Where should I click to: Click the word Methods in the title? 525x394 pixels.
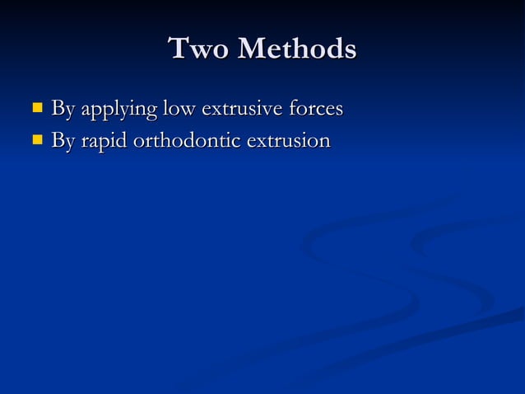[x=297, y=49]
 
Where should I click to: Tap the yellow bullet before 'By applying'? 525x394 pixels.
[x=36, y=107]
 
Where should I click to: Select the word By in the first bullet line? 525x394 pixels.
[x=63, y=109]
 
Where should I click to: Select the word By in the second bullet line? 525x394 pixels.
[x=63, y=142]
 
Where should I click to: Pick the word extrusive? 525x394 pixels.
[x=244, y=109]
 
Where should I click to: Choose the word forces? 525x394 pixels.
[x=317, y=109]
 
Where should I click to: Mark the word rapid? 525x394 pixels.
[x=103, y=143]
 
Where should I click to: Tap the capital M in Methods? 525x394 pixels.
[x=253, y=49]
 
